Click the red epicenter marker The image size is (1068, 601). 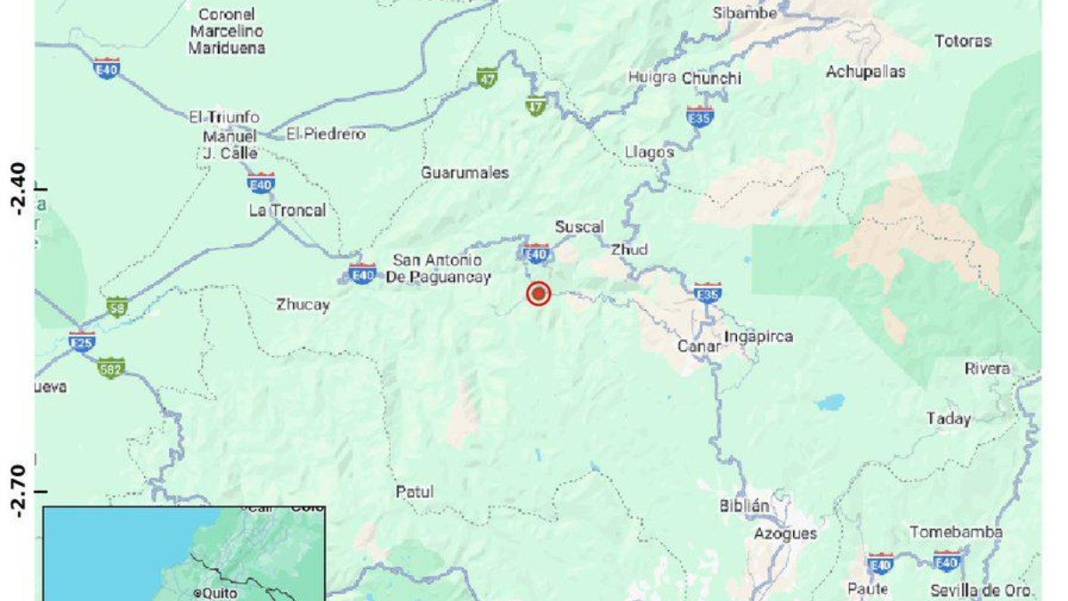point(538,294)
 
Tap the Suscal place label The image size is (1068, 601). point(579,227)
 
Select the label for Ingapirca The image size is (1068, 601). point(758,337)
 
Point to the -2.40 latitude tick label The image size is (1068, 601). point(16,189)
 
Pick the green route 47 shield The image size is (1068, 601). point(486,77)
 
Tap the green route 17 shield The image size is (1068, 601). point(536,106)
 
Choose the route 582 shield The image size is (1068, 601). point(111,367)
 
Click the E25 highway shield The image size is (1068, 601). point(82,340)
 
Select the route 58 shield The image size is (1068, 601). point(117,307)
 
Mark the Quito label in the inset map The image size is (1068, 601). point(217,592)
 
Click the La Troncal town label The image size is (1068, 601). point(287,210)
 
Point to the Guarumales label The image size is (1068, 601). point(465,173)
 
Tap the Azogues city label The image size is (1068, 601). point(785,533)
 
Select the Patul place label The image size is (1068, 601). point(415,491)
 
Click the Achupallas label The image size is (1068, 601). point(865,71)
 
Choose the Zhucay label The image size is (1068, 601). point(303,305)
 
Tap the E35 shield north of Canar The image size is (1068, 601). point(708,292)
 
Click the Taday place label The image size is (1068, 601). point(949,418)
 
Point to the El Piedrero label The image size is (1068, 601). point(326,134)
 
